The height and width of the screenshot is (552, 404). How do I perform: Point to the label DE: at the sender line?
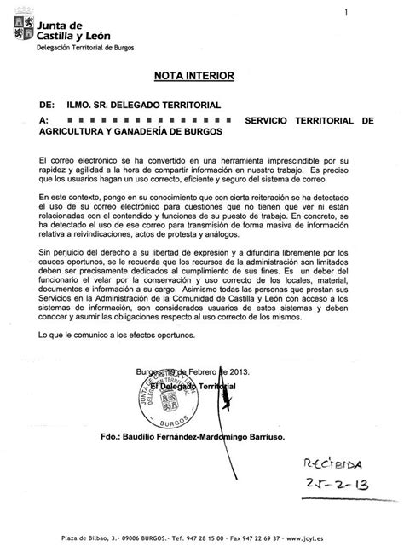click(x=46, y=105)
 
